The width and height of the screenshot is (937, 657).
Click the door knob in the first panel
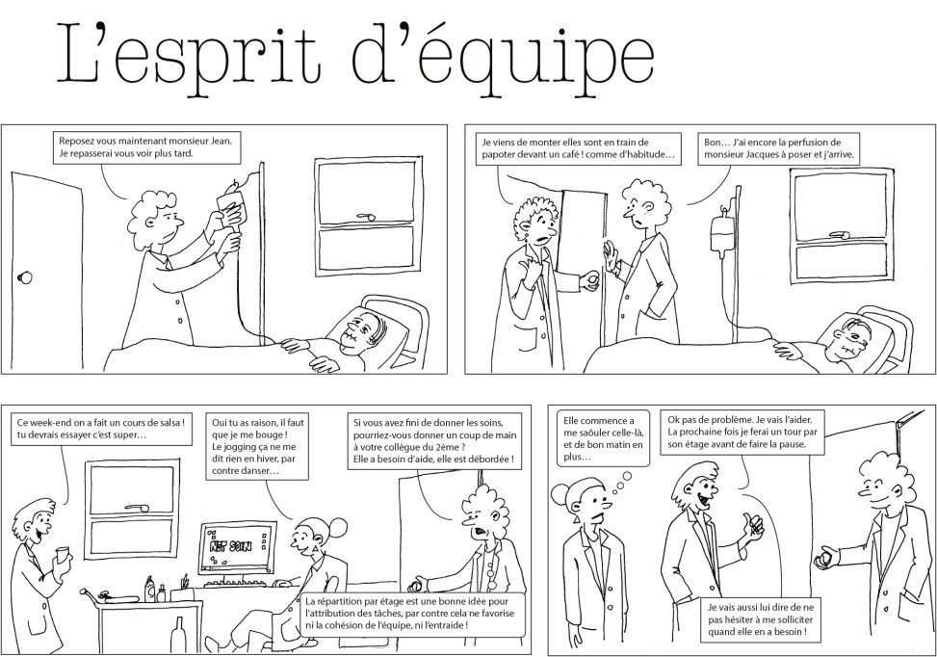[x=24, y=277]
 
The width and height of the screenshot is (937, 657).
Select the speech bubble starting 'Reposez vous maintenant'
[x=146, y=147]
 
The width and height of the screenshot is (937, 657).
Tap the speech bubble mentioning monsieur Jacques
[x=779, y=149]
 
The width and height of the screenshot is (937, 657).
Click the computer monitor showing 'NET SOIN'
[x=238, y=546]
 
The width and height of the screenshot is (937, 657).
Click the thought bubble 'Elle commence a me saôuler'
[x=604, y=438]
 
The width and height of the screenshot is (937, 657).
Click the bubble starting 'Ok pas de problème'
[x=742, y=432]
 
